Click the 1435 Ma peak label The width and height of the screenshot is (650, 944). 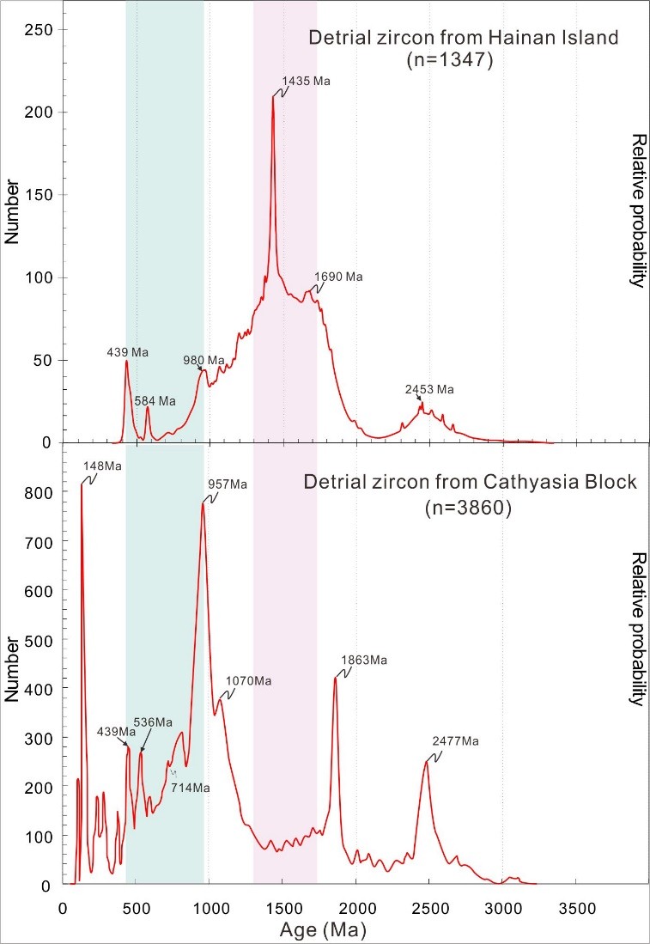click(306, 81)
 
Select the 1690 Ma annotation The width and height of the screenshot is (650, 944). click(338, 277)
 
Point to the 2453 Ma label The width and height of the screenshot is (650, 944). click(428, 389)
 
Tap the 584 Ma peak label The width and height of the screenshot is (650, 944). click(155, 401)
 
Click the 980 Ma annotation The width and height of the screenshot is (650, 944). click(203, 360)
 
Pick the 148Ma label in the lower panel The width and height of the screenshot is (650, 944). click(102, 466)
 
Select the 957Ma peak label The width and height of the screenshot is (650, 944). click(227, 484)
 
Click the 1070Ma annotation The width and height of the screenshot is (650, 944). click(248, 681)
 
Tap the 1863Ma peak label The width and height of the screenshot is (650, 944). click(364, 661)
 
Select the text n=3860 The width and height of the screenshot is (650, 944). click(470, 507)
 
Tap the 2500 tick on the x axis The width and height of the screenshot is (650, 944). click(430, 906)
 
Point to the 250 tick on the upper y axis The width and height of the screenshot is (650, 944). click(39, 30)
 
